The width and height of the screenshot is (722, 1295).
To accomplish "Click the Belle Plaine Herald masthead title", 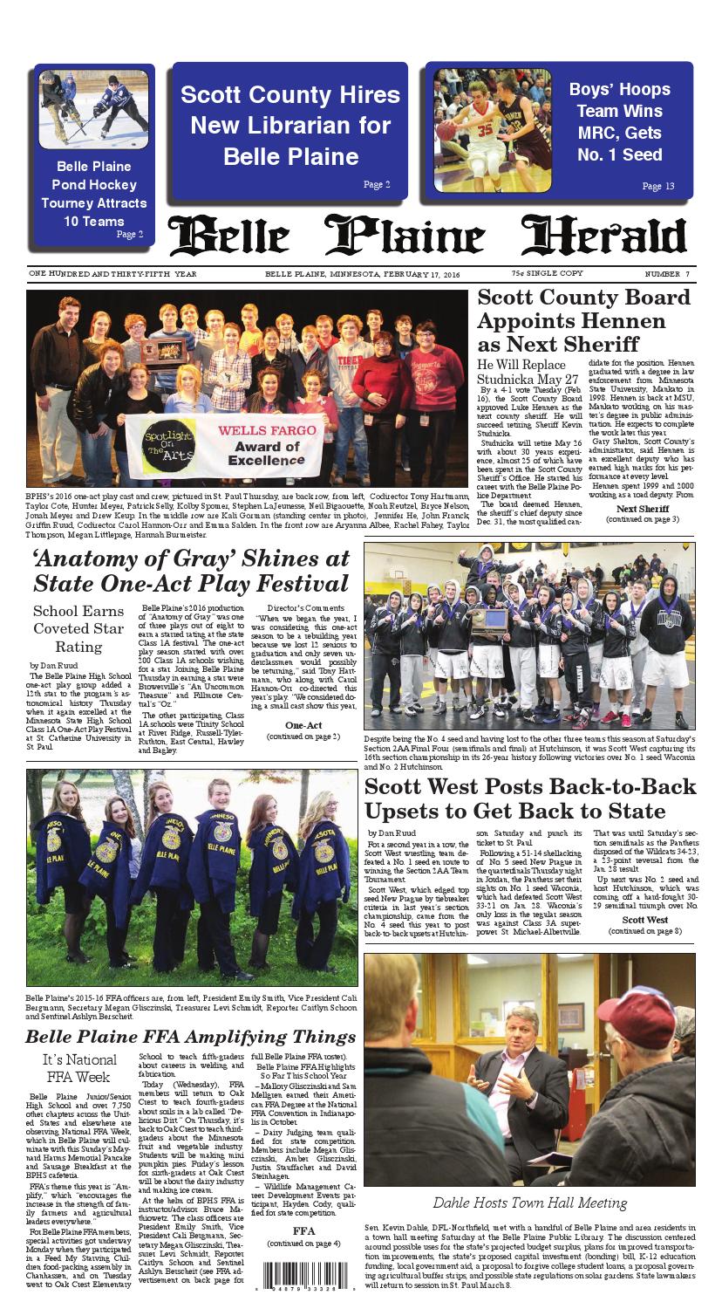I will coord(427,236).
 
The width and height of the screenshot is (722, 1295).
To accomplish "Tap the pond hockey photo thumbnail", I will coord(81,109).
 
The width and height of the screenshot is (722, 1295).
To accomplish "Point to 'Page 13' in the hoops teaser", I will coord(657,186).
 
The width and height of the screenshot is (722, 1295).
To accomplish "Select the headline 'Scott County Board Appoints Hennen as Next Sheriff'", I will coord(583,320).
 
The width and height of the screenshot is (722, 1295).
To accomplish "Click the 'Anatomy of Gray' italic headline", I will coord(190,569).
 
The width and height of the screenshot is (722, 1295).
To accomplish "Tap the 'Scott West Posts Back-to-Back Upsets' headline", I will coord(529,798).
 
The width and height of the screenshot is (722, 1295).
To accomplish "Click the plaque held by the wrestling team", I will coord(488,620).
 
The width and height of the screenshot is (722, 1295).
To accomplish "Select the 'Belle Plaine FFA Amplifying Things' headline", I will coord(189,1038).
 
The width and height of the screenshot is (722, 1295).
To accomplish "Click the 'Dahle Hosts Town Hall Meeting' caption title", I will coord(529,1203).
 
